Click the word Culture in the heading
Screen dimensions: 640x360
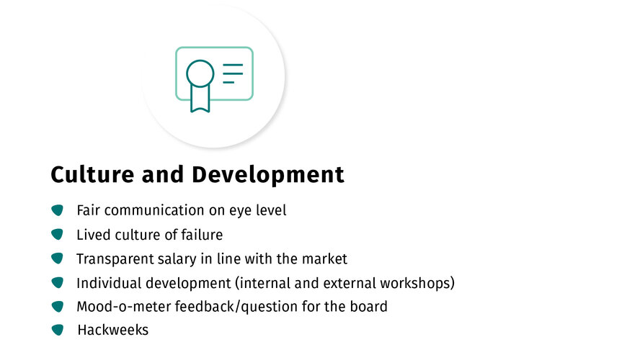[x=92, y=174]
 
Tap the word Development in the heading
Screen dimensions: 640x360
[x=268, y=175]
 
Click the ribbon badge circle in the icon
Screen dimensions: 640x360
[x=200, y=73]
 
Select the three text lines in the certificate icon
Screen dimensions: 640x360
[x=233, y=73]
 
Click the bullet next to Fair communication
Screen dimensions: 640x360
[x=58, y=210]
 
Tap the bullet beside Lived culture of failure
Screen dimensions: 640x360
[x=58, y=235]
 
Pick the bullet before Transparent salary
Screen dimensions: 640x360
[x=58, y=258]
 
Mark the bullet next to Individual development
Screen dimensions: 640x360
[x=58, y=282]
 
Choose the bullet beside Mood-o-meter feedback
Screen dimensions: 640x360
[x=58, y=306]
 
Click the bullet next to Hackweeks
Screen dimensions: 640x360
[x=58, y=330]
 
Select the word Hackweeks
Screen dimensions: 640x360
[x=113, y=330]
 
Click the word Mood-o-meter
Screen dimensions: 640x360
[x=124, y=307]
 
